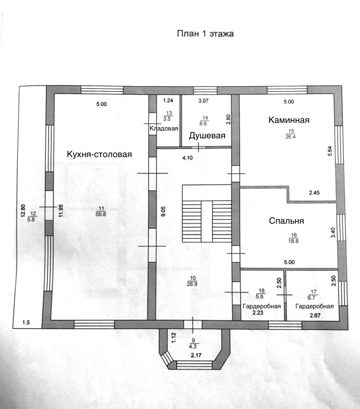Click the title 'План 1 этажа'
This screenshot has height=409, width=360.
pyautogui.click(x=205, y=34)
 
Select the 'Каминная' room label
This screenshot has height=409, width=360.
pyautogui.click(x=289, y=120)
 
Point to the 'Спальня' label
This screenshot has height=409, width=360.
pyautogui.click(x=286, y=221)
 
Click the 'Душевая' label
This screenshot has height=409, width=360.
pyautogui.click(x=207, y=136)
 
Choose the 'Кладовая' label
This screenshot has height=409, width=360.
pyautogui.click(x=163, y=129)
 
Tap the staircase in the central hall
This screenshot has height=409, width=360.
pyautogui.click(x=206, y=214)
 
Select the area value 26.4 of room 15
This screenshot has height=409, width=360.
pyautogui.click(x=290, y=136)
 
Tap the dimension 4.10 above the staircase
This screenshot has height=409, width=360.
pyautogui.click(x=187, y=158)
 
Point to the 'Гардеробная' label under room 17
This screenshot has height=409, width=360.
pyautogui.click(x=315, y=306)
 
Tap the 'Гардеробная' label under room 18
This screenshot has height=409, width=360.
pyautogui.click(x=262, y=306)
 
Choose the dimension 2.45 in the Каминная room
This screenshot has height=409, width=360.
pyautogui.click(x=314, y=193)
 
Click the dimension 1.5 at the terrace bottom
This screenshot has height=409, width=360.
pyautogui.click(x=26, y=323)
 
